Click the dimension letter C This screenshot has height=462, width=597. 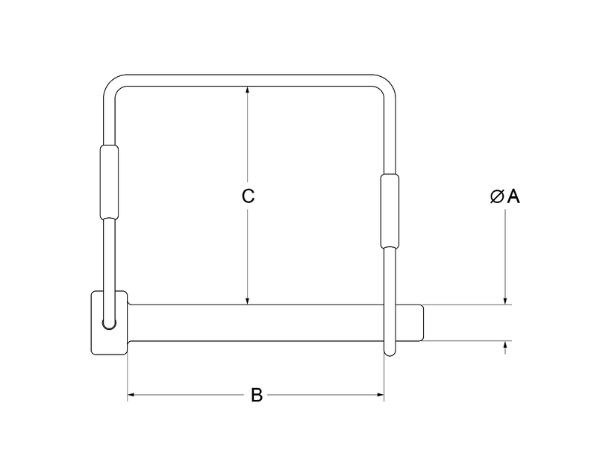coord(249,196)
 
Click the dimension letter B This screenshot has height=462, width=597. coord(256,395)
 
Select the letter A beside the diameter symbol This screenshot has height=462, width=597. coord(513,196)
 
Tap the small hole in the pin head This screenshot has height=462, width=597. coord(110,323)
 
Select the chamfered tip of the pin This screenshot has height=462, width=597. coord(419,322)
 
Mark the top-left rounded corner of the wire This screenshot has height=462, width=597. coord(112,84)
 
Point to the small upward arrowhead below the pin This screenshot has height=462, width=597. coord(506,346)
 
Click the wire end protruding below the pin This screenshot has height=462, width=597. coord(390,349)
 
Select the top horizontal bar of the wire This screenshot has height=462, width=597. coord(250,79)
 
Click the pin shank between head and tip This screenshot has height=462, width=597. coord(254,322)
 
